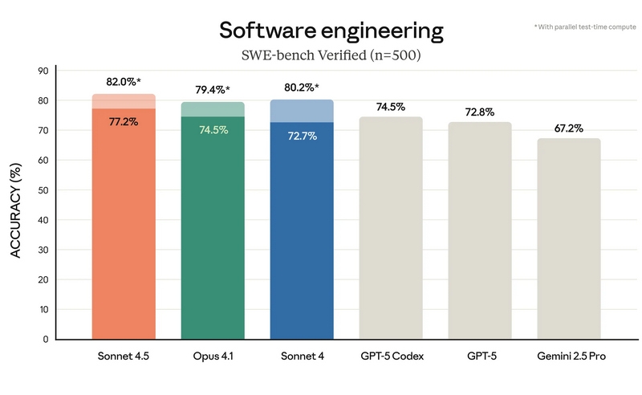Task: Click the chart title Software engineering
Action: pyautogui.click(x=331, y=31)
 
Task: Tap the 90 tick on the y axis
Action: pyautogui.click(x=44, y=71)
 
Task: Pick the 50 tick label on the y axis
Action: pyautogui.click(x=44, y=190)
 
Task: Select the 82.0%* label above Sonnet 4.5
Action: pyautogui.click(x=124, y=82)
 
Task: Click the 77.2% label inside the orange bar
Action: pyautogui.click(x=124, y=122)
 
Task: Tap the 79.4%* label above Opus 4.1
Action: pyautogui.click(x=213, y=90)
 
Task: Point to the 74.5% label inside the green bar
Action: pyautogui.click(x=213, y=130)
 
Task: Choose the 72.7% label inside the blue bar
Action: pyautogui.click(x=302, y=136)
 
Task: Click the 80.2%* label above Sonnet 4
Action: pyautogui.click(x=303, y=88)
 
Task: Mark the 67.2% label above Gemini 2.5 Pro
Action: pyautogui.click(x=568, y=128)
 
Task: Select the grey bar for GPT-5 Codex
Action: pyautogui.click(x=391, y=229)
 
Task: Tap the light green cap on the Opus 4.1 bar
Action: pyautogui.click(x=213, y=109)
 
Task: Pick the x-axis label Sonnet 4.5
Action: pyautogui.click(x=124, y=355)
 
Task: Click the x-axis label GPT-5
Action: pyautogui.click(x=480, y=355)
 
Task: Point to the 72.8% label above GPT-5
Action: pyautogui.click(x=480, y=112)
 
